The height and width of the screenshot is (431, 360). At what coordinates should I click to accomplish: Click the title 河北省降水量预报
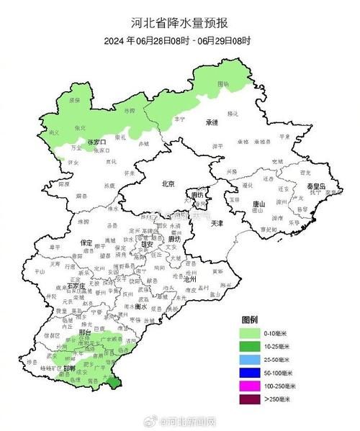tap(180, 22)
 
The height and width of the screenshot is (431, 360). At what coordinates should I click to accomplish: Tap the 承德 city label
tap(211, 122)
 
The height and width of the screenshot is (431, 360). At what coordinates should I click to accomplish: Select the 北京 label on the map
tap(168, 184)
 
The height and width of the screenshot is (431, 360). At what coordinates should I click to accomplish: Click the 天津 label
tap(217, 224)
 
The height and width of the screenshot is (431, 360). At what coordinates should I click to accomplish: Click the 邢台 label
tap(85, 334)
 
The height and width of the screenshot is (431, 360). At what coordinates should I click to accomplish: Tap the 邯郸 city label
tap(69, 368)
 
